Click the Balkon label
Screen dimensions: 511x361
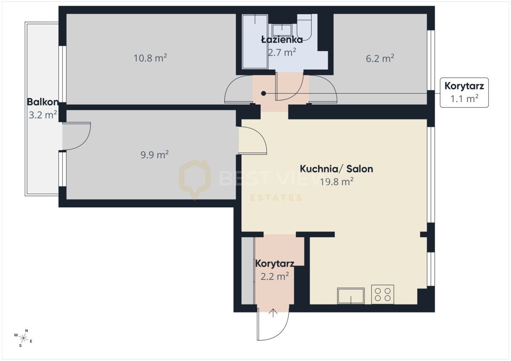43,102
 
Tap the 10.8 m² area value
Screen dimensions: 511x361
150,58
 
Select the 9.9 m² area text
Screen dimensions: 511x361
155,154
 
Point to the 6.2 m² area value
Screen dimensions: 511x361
380,58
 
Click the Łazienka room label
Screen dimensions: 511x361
282,40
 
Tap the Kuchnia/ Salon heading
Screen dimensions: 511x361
336,169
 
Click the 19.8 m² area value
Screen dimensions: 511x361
337,182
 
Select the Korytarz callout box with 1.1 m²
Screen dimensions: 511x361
464,92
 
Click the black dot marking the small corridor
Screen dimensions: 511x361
264,93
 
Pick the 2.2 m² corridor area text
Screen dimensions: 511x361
275,276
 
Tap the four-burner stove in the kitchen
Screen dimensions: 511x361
382,294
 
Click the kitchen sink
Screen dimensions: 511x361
351,296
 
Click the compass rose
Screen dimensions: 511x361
23,338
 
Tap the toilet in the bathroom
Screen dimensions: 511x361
304,27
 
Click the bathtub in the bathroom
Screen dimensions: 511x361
255,41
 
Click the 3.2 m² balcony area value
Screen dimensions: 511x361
43,115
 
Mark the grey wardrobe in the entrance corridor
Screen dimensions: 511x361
247,270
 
